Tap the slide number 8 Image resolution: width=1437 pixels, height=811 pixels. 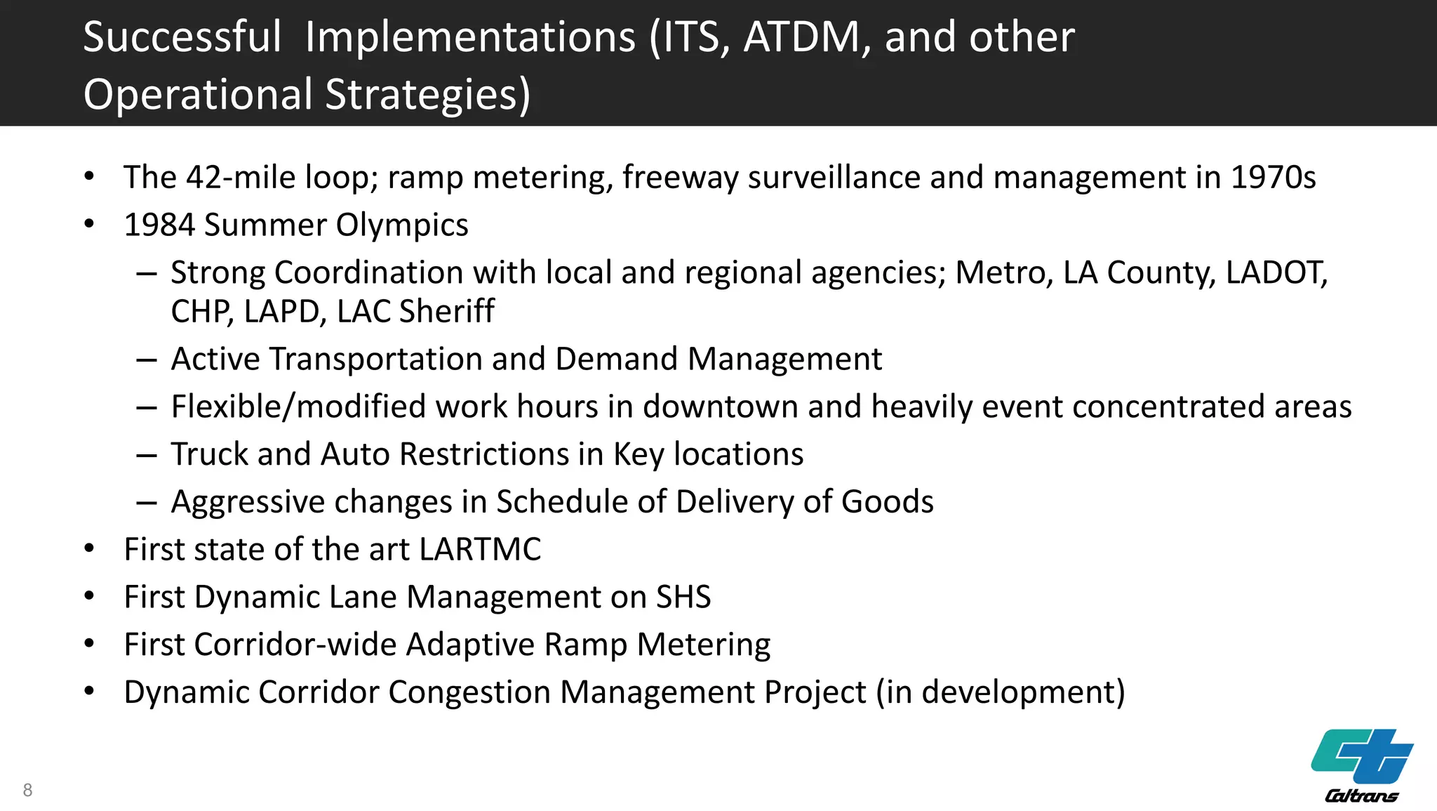[27, 790]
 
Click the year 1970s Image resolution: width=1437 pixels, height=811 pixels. [1273, 177]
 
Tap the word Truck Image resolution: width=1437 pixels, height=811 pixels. [210, 454]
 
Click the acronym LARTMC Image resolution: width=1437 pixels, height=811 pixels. [480, 549]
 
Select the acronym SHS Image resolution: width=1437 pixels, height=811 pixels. [683, 597]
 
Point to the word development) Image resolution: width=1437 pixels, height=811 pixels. [1023, 692]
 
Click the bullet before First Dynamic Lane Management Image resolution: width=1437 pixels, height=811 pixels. [89, 597]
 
